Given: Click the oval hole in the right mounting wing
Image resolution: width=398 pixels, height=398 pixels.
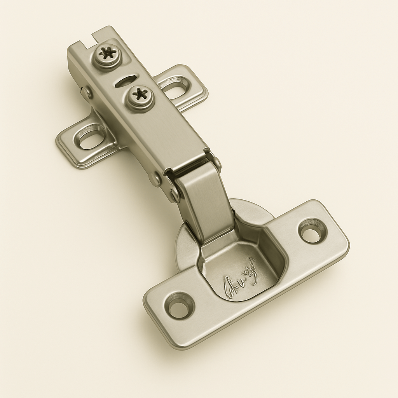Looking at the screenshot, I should tap(176, 85).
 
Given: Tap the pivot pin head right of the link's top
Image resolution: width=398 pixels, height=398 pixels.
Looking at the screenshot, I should tap(216, 162).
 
